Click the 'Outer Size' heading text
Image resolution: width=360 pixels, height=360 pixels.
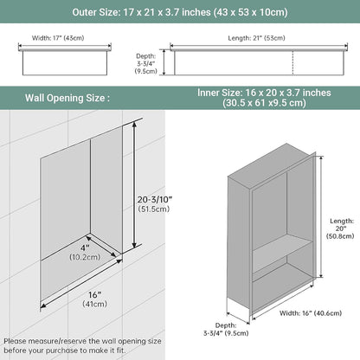coord(180,12)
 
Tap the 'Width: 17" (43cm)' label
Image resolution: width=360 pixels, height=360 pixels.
coord(58,38)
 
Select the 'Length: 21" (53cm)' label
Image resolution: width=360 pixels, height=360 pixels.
coord(256,38)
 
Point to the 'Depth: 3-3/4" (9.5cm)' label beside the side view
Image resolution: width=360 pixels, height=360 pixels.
coord(146,63)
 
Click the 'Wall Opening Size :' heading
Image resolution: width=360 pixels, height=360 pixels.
coord(67,98)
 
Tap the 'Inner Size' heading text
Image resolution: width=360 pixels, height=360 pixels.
coord(264,98)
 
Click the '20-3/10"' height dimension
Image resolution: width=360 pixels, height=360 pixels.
coord(155,199)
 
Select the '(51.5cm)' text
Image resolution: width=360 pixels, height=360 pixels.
coord(154,209)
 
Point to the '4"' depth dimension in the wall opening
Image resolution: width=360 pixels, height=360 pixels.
coord(86,247)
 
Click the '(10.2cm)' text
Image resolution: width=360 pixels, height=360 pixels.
coord(85,257)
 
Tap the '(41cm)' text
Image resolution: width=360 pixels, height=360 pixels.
coord(95,304)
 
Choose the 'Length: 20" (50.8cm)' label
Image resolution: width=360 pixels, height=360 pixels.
coord(340,228)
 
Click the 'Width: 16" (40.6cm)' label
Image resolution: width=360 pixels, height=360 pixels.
coord(311,313)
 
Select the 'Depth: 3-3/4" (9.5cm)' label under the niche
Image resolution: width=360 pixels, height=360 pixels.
coord(226,329)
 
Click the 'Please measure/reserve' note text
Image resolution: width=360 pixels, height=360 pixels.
coord(82,345)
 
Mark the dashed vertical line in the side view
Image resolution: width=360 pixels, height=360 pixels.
coord(293,63)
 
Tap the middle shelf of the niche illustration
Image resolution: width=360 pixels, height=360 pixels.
coord(282,256)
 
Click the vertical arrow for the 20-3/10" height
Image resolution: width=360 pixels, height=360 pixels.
coord(134,184)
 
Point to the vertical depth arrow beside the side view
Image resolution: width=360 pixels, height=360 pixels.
coord(164,62)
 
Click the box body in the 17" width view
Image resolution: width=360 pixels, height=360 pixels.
coord(65,63)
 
